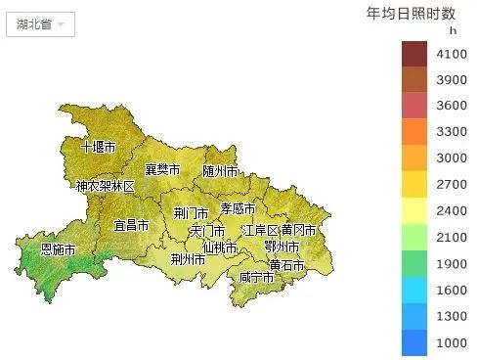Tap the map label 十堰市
pyautogui.click(x=98, y=147)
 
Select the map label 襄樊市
pyautogui.click(x=162, y=169)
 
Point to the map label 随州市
pyautogui.click(x=220, y=170)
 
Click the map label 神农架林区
pyautogui.click(x=106, y=186)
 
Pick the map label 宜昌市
pyautogui.click(x=131, y=225)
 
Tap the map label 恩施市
pyautogui.click(x=58, y=249)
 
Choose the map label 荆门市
pyautogui.click(x=190, y=212)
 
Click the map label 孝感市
pyautogui.click(x=238, y=208)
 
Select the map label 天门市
pyautogui.click(x=207, y=231)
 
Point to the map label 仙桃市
pyautogui.click(x=219, y=247)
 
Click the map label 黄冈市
pyautogui.click(x=298, y=230)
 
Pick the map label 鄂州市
pyautogui.click(x=282, y=247)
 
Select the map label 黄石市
pyautogui.click(x=286, y=265)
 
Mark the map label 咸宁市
pyautogui.click(x=256, y=278)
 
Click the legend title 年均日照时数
pyautogui.click(x=411, y=13)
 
